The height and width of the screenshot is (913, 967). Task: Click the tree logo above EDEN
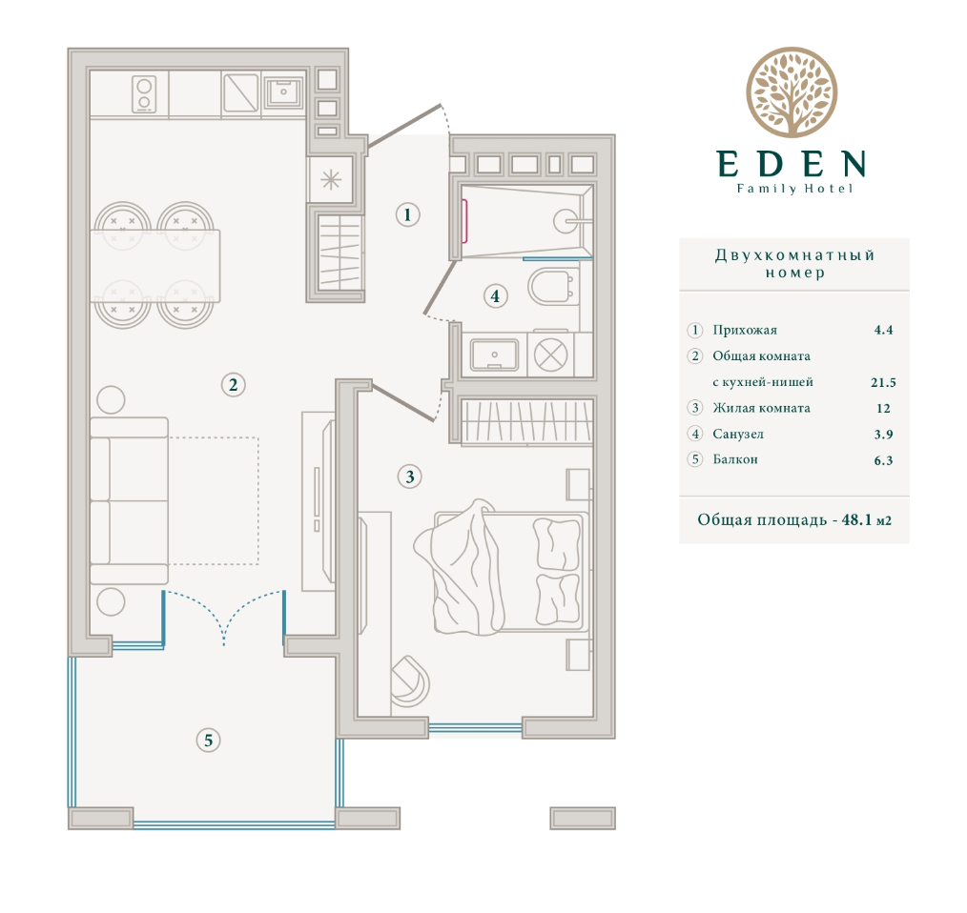[792, 92]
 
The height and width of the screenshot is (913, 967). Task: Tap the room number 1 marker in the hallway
[407, 214]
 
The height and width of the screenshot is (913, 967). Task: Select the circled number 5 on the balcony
[209, 740]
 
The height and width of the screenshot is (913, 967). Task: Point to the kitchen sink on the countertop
[283, 91]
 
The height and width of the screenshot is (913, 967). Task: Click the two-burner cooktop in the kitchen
[144, 94]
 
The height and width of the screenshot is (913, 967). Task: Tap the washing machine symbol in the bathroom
[550, 355]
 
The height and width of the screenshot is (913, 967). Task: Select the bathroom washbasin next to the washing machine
[494, 355]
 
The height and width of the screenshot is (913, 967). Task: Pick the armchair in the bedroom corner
[410, 681]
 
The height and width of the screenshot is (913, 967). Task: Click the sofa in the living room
[130, 500]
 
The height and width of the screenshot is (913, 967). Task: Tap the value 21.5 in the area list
[883, 382]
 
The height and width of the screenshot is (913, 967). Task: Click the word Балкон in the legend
[735, 459]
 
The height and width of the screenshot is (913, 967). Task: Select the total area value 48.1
[856, 519]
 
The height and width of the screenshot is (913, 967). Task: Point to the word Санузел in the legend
[737, 434]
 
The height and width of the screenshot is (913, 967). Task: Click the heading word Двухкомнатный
[794, 255]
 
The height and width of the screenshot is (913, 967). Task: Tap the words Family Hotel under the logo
[794, 189]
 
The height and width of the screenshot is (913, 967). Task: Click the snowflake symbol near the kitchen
[331, 180]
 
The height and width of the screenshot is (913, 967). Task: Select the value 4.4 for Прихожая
[883, 330]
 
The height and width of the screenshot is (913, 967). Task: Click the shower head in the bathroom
[566, 220]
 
